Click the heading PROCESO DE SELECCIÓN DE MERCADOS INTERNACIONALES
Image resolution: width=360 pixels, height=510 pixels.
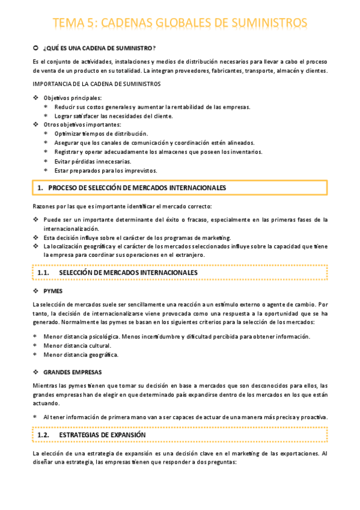coord(136,188)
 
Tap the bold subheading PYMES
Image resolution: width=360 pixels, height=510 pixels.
coord(53,290)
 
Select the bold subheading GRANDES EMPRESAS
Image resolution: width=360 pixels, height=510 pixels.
coord(73,372)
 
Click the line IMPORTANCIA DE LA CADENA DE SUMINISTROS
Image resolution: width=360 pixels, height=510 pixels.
coord(96,84)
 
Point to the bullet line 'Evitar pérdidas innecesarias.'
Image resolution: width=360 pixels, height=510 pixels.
coord(92,161)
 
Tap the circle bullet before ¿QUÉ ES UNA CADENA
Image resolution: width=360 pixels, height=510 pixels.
coord(35,48)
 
